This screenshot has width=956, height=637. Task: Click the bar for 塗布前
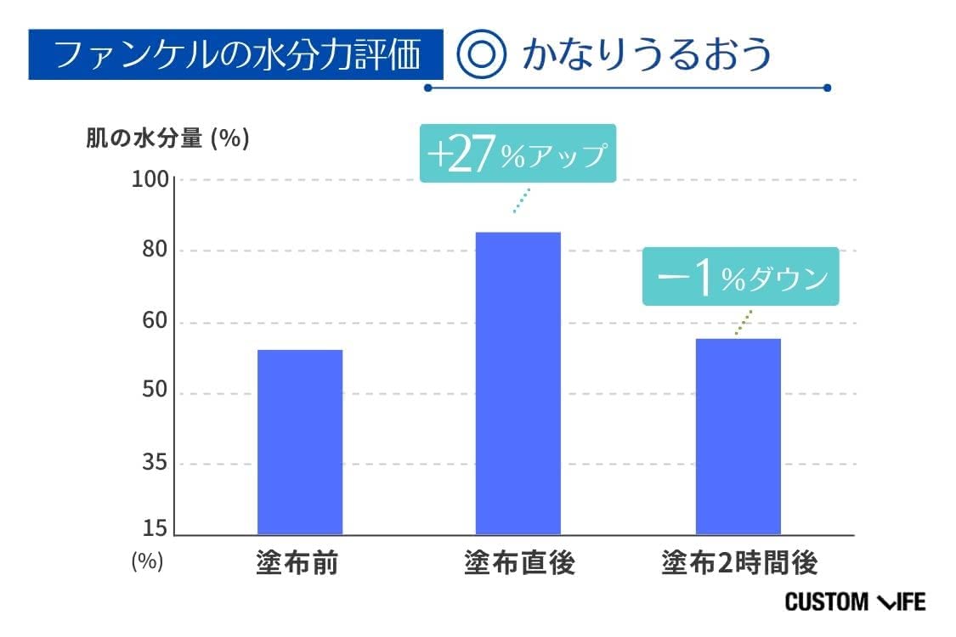pos(299,442)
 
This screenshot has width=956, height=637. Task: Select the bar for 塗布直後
pos(518,383)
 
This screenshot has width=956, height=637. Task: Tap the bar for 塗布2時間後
pos(738,437)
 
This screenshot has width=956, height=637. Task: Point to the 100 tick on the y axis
pos(151,180)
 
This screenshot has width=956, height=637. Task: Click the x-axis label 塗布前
pos(297,563)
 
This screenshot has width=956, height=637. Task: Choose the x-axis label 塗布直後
pos(518,563)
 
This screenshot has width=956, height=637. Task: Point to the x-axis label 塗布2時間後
pos(738,563)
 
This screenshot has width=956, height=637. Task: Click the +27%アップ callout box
pos(518,155)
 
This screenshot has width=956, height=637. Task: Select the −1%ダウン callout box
pos(740,277)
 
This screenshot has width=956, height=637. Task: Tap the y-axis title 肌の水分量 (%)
pos(167,138)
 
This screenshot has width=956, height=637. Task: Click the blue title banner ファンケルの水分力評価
pos(235,55)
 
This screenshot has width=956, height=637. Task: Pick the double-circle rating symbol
pos(482,55)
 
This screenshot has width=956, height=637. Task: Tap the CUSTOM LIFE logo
pos(854,602)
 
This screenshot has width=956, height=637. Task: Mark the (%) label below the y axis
pos(147,562)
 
